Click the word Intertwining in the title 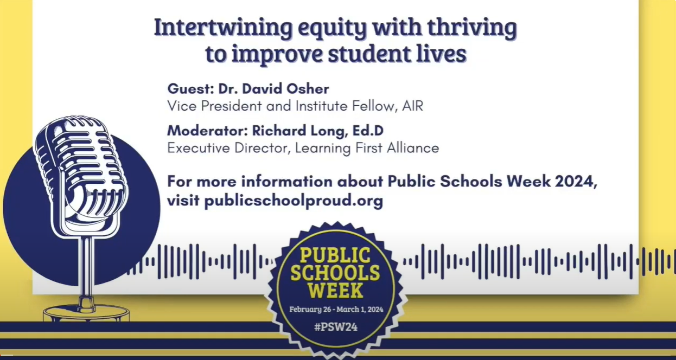[224, 28]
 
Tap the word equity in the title [332, 29]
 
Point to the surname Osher [308, 88]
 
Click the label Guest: [191, 88]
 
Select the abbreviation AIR [412, 106]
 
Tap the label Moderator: [208, 131]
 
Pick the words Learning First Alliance [367, 148]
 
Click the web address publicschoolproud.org [294, 201]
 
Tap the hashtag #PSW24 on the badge [336, 327]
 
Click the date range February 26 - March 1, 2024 [336, 310]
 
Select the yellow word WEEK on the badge [336, 291]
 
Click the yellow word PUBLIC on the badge [335, 255]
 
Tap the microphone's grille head [80, 169]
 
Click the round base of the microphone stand [86, 313]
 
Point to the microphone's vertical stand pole [87, 270]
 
